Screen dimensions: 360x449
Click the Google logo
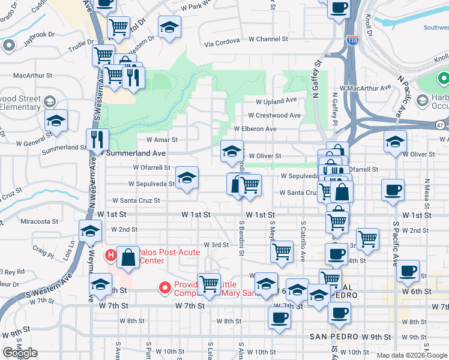[x=20, y=353]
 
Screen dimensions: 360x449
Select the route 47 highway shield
[x=441, y=125]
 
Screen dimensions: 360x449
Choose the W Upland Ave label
[x=276, y=101]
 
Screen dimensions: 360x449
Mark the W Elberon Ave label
[x=255, y=129]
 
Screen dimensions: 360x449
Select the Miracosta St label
[x=38, y=221]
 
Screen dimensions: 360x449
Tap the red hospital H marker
[x=110, y=256]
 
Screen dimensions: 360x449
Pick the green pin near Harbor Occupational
[x=444, y=79]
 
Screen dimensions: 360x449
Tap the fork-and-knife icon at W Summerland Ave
[x=97, y=140]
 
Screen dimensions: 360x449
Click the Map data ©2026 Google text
[x=411, y=355]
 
